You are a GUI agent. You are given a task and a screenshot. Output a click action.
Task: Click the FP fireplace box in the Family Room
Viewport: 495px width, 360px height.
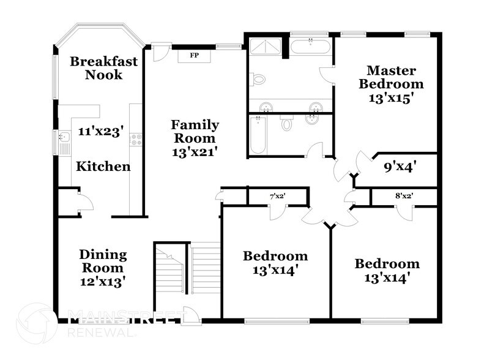tap(195, 56)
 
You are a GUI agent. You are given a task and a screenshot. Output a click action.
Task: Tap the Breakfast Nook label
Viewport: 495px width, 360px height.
tap(103, 68)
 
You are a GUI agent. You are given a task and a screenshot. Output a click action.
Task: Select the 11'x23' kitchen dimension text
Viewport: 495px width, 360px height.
tap(101, 130)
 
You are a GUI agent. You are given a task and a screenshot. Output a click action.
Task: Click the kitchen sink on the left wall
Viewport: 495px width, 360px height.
tap(63, 143)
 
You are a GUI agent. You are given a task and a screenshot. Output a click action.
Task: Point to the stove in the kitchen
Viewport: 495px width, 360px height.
tap(136, 140)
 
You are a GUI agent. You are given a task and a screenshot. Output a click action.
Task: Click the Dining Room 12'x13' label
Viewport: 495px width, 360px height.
tap(103, 268)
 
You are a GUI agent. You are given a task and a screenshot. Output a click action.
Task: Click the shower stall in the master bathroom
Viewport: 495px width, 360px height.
tap(265, 47)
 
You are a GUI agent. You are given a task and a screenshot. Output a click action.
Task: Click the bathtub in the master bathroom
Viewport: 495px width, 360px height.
tap(311, 47)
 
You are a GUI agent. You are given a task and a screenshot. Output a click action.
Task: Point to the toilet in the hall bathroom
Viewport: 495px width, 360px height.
tap(286, 123)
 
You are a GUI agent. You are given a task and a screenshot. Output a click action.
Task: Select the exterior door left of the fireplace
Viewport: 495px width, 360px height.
tap(160, 53)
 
